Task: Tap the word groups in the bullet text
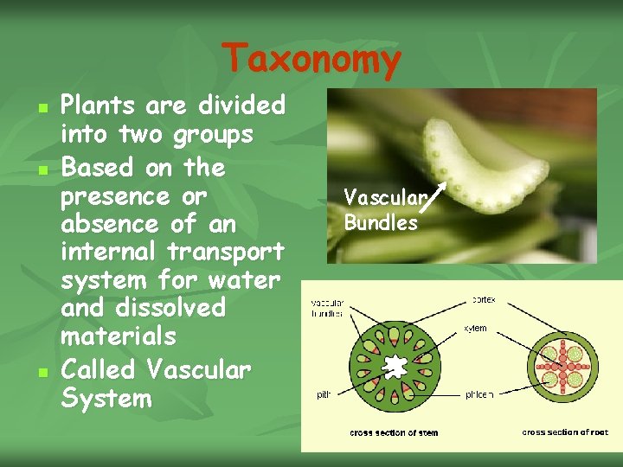[213, 135]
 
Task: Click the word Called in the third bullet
[99, 370]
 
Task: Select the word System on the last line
[106, 399]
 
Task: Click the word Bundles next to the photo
[381, 222]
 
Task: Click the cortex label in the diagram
[484, 299]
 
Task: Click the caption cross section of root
[564, 432]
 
